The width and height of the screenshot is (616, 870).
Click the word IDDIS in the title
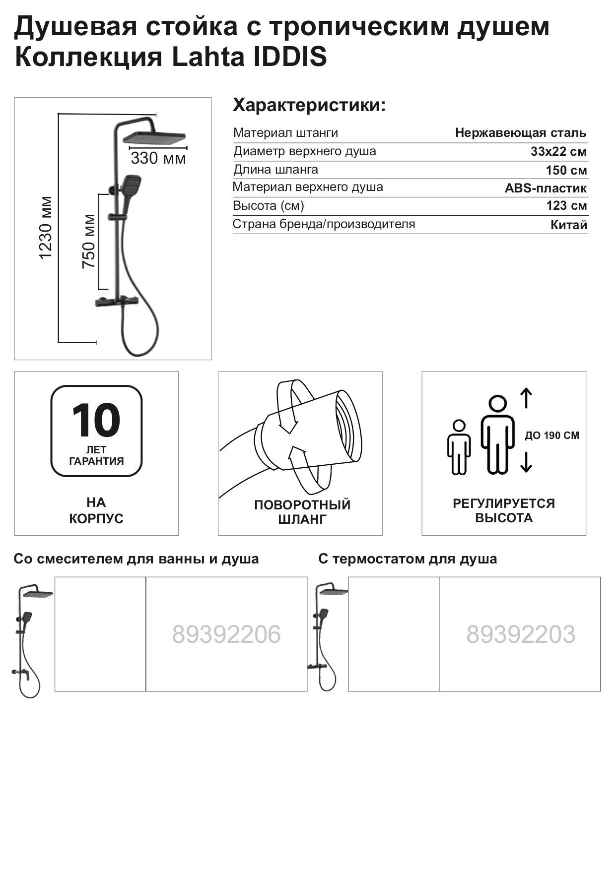pos(290,57)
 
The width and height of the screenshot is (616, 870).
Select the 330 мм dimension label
pos(158,159)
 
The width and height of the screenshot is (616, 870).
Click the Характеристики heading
pos(309,106)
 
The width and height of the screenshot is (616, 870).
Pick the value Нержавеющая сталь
pos(521,133)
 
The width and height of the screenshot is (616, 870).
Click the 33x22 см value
pos(558,152)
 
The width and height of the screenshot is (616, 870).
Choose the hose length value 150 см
pos(566,171)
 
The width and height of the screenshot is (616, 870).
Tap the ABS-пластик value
pos(546,188)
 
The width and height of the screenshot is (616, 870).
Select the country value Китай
pos(569,225)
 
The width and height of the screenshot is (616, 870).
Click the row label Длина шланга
pos(276,170)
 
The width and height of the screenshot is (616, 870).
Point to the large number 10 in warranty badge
pos(96,420)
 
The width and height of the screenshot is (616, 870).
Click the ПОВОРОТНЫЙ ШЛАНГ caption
pos(302,512)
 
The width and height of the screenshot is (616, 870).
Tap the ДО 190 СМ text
pos(552,436)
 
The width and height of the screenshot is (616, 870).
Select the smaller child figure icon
pos(459,447)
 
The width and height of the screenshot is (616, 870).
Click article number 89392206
pos(226,634)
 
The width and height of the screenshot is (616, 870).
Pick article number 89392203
pos(521,634)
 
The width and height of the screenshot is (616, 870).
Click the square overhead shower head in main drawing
pos(154,138)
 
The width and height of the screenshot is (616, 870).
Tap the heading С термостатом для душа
pos(408,559)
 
